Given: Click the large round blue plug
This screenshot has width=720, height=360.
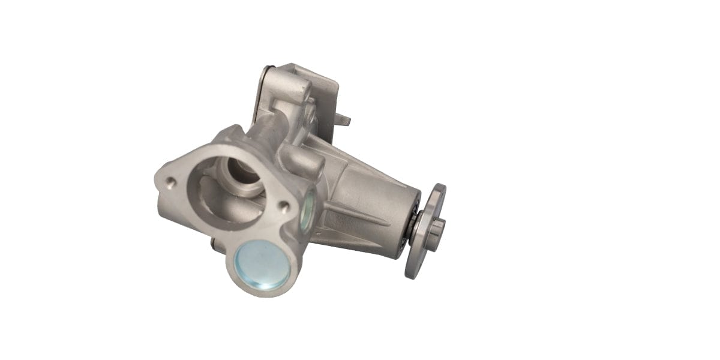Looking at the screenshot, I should [x=262, y=264].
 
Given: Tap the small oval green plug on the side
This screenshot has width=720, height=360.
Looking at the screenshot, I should [x=307, y=211].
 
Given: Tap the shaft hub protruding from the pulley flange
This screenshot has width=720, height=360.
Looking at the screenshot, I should [x=437, y=227].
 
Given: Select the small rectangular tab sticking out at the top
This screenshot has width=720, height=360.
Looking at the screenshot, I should [x=343, y=120].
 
